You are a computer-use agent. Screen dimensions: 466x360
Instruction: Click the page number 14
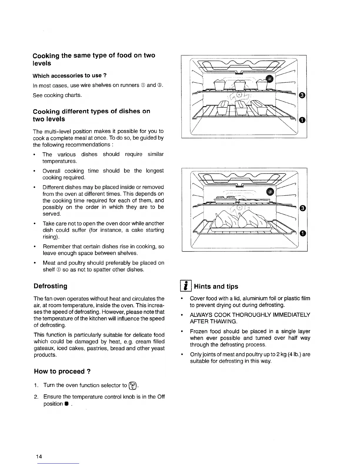point(39,456)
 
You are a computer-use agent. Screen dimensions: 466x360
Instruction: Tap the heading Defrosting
point(51,286)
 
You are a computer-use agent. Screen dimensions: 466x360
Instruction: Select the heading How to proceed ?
point(62,371)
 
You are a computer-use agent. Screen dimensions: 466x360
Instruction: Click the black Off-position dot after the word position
point(67,404)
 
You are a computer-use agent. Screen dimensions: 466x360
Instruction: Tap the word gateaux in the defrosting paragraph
point(44,348)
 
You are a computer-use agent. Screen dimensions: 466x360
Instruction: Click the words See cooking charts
point(57,95)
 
